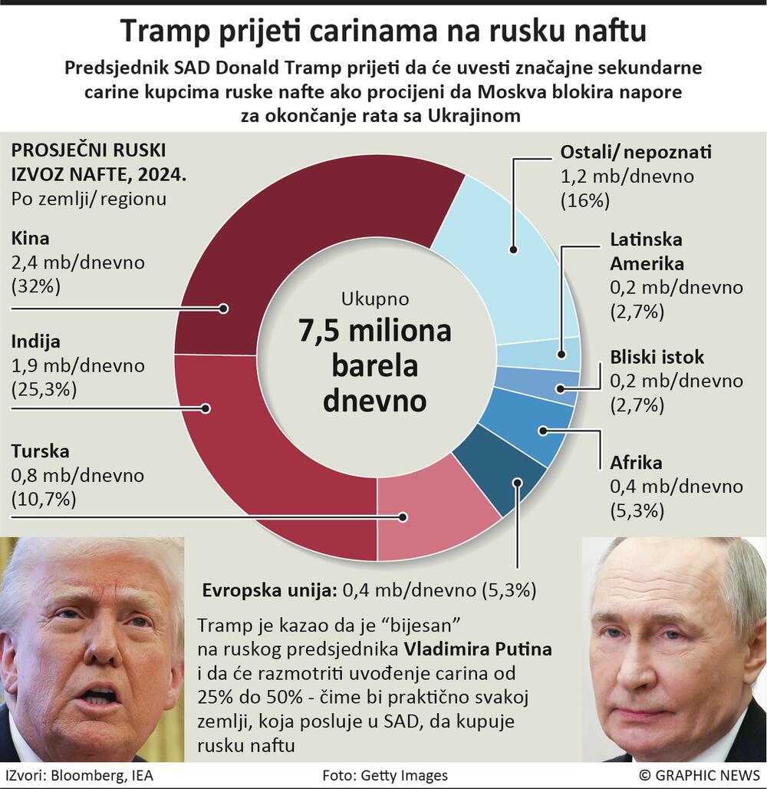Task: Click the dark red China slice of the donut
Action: (x=307, y=223)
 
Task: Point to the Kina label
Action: (x=30, y=239)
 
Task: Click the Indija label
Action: (x=35, y=342)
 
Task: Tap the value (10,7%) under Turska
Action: (x=44, y=499)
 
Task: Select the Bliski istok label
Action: (x=657, y=357)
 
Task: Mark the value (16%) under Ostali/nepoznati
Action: (x=584, y=201)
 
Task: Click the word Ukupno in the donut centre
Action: (x=375, y=299)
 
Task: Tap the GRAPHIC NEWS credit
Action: (x=699, y=775)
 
